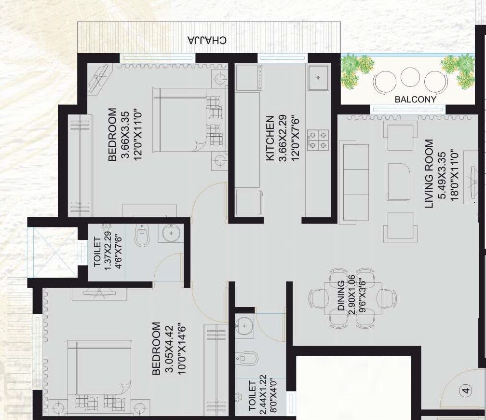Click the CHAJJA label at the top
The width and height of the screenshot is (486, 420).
point(207,40)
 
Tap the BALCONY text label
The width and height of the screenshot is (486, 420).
point(415,99)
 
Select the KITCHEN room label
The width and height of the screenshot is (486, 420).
point(270,138)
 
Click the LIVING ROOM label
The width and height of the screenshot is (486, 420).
point(429,174)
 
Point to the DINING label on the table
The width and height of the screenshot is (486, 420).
point(341,295)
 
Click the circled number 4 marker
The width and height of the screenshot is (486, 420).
point(465,391)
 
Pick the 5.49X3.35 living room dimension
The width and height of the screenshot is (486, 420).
point(441,174)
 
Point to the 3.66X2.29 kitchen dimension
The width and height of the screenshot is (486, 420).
point(283,138)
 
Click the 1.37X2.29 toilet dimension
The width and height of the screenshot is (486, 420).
point(108,252)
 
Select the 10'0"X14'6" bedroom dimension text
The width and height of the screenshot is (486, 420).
point(182,349)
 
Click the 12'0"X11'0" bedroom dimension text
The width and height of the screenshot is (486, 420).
point(139,135)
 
